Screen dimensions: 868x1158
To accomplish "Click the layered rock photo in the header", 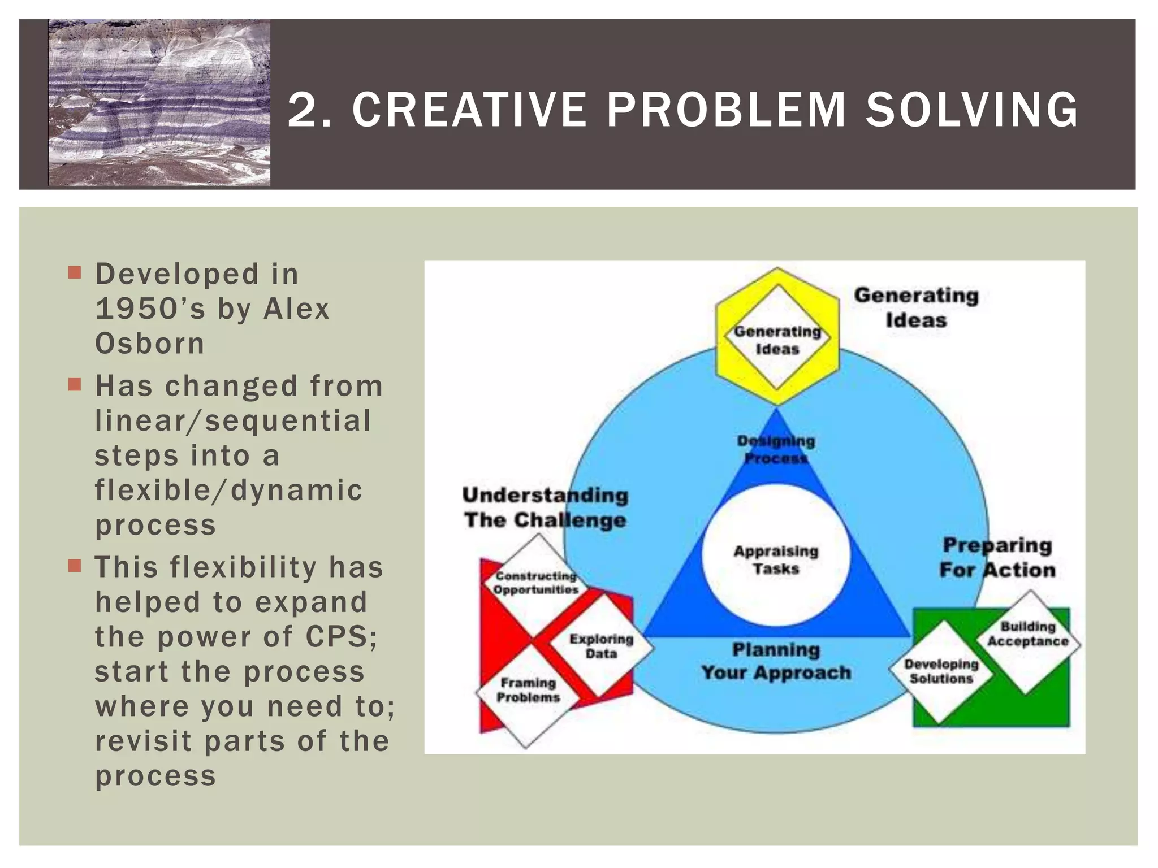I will click(x=159, y=103).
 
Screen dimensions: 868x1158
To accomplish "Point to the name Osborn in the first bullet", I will click(x=150, y=344).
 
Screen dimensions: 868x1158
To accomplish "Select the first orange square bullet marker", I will click(x=75, y=273).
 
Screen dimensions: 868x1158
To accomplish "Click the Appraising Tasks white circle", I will click(x=776, y=557).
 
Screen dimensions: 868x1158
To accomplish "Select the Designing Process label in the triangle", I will click(x=776, y=449).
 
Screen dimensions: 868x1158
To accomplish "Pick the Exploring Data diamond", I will click(x=600, y=646).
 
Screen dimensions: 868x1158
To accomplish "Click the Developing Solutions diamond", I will click(x=941, y=671).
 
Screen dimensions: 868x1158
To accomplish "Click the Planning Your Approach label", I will click(x=776, y=661).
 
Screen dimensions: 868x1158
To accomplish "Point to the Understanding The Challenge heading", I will click(x=545, y=507).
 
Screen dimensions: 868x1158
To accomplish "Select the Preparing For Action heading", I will click(x=997, y=558).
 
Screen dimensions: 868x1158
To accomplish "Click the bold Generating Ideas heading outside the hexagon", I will click(x=916, y=307).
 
